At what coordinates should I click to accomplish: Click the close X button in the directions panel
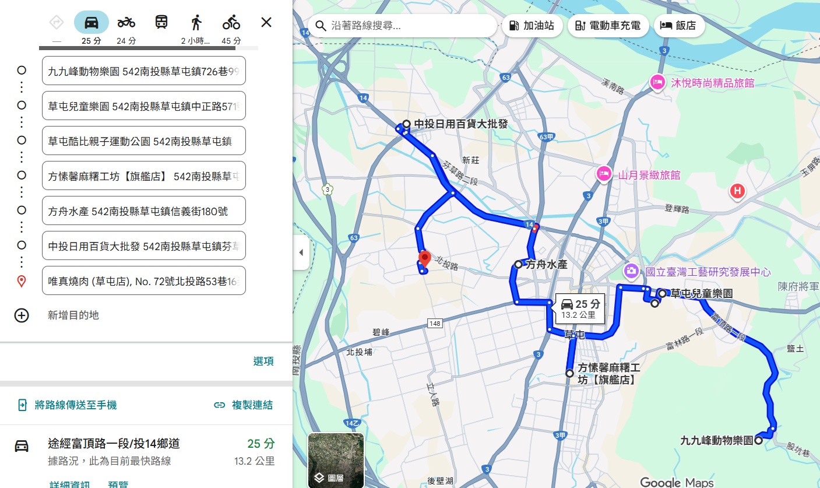pyautogui.click(x=266, y=23)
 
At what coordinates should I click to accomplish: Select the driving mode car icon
pyautogui.click(x=91, y=23)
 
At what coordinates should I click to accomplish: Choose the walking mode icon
pyautogui.click(x=196, y=23)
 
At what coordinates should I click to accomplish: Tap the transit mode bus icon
pyautogui.click(x=161, y=23)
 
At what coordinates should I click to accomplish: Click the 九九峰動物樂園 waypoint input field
pyautogui.click(x=144, y=71)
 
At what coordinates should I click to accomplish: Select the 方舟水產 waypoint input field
pyautogui.click(x=144, y=211)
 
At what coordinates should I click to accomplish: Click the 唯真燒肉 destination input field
pyautogui.click(x=144, y=281)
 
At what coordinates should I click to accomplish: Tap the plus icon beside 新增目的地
pyautogui.click(x=22, y=315)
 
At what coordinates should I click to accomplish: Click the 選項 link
pyautogui.click(x=263, y=361)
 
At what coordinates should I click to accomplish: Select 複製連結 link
pyautogui.click(x=244, y=405)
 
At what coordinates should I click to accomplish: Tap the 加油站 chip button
pyautogui.click(x=533, y=26)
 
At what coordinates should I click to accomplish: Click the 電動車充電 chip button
pyautogui.click(x=607, y=26)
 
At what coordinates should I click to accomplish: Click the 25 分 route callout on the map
pyautogui.click(x=579, y=308)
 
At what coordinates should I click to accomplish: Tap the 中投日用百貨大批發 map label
pyautogui.click(x=460, y=124)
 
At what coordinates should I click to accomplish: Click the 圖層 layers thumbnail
pyautogui.click(x=336, y=460)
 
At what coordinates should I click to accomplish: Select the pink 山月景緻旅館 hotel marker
pyautogui.click(x=604, y=173)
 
